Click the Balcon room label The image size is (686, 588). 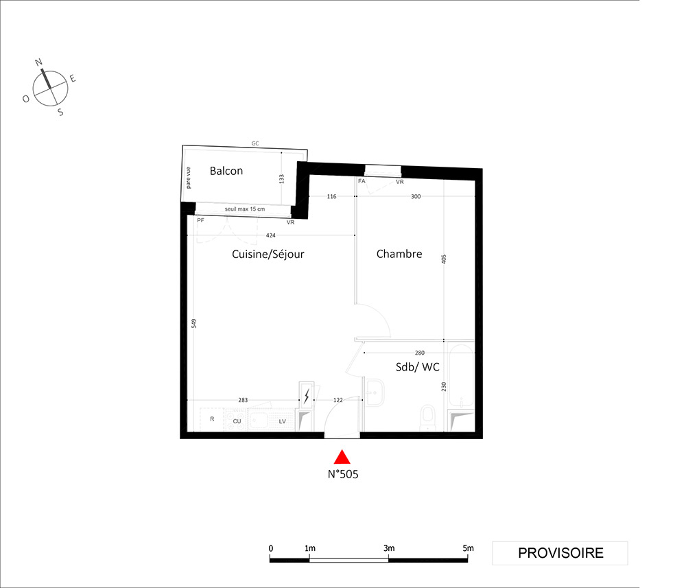click(226, 171)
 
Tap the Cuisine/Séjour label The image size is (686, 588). click(268, 254)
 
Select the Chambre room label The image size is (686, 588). click(399, 254)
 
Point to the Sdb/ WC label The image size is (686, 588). click(417, 367)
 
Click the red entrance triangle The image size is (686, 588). click(342, 457)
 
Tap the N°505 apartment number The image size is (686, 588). click(343, 474)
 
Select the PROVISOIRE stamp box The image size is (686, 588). click(560, 553)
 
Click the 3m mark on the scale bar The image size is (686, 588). click(389, 548)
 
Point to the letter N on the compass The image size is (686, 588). click(38, 62)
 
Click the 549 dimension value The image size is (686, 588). click(194, 323)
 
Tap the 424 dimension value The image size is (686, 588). click(271, 235)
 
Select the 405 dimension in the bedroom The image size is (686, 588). click(444, 259)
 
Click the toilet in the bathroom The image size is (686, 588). click(427, 417)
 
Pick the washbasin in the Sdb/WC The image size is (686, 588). click(375, 392)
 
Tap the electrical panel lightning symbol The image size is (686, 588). click(307, 396)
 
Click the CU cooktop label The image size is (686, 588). click(237, 421)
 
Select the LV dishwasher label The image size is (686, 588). click(282, 421)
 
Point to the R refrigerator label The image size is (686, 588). click(212, 419)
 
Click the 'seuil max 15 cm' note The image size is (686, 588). click(245, 209)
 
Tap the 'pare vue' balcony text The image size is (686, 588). click(188, 178)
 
